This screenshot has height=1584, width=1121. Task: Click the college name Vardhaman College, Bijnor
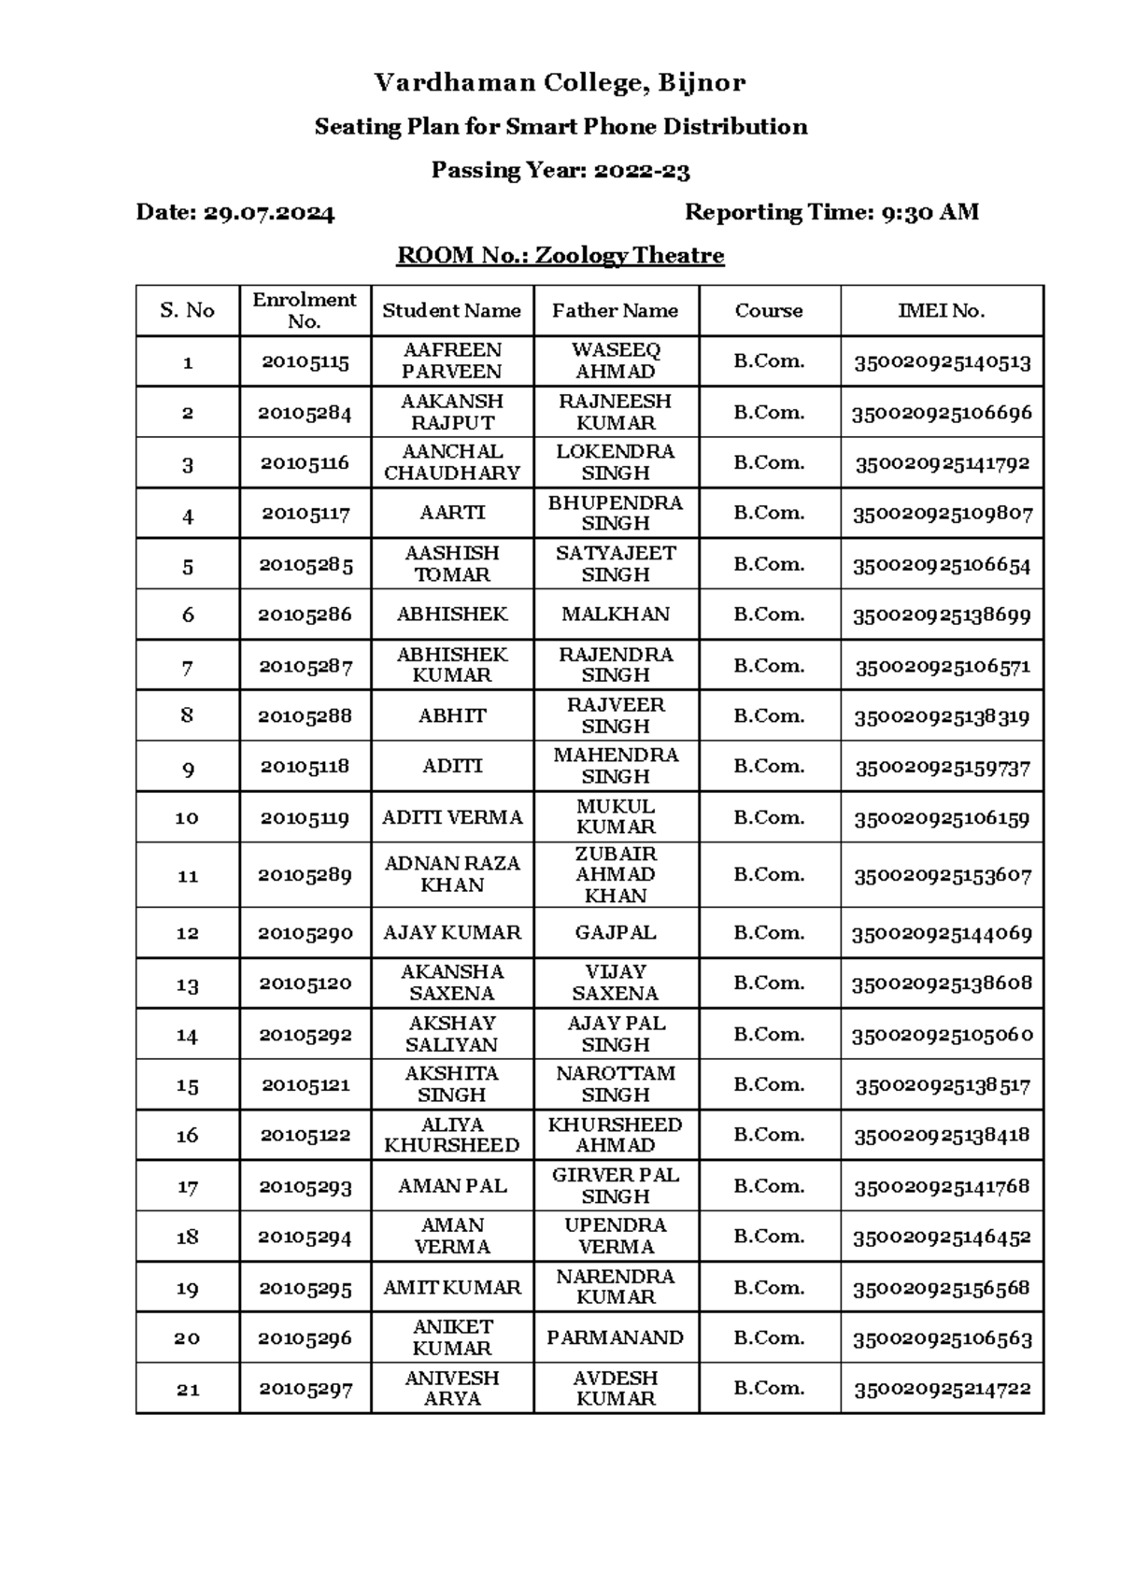pos(560,83)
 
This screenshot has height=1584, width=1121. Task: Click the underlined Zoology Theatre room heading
pos(560,256)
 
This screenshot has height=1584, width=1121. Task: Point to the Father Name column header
pos(615,311)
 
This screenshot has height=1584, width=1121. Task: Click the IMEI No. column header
pos(941,311)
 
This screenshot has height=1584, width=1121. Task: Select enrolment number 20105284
pos(305,413)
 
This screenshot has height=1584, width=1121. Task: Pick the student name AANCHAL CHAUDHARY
pos(452,462)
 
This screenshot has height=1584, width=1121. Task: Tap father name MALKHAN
pos(615,615)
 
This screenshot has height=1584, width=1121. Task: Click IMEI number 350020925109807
pos(942,514)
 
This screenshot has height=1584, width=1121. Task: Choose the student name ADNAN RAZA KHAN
pos(452,874)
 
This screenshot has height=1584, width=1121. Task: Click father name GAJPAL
pos(615,933)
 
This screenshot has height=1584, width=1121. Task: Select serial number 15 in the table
pos(188,1085)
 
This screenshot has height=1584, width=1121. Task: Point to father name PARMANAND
pos(615,1337)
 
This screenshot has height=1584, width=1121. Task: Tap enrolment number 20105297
pos(305,1389)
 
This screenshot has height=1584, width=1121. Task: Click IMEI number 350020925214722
pos(942,1389)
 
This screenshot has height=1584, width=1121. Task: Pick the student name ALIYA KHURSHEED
pos(452,1135)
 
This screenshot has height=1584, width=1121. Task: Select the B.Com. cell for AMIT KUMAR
pos(769,1287)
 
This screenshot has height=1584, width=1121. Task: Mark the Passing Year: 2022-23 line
pos(560,170)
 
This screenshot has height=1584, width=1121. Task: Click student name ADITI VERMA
pos(452,818)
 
